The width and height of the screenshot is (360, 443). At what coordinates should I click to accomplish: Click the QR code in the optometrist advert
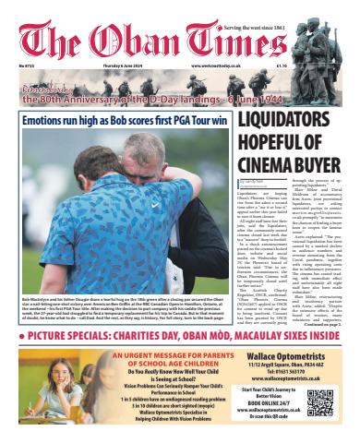pyautogui.click(x=321, y=404)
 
